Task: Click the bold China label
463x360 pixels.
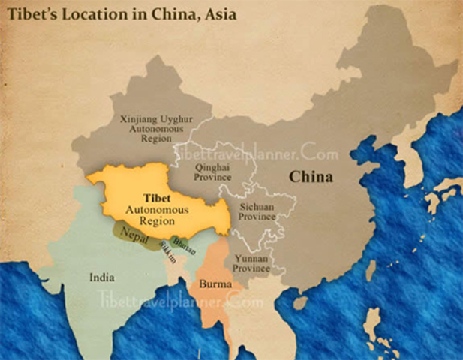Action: coord(311,177)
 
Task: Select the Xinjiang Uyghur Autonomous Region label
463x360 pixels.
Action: coord(147,128)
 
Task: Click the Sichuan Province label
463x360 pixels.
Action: coord(257,211)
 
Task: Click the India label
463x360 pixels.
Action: coord(102,277)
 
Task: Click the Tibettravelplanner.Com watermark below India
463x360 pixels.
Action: coord(179,302)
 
